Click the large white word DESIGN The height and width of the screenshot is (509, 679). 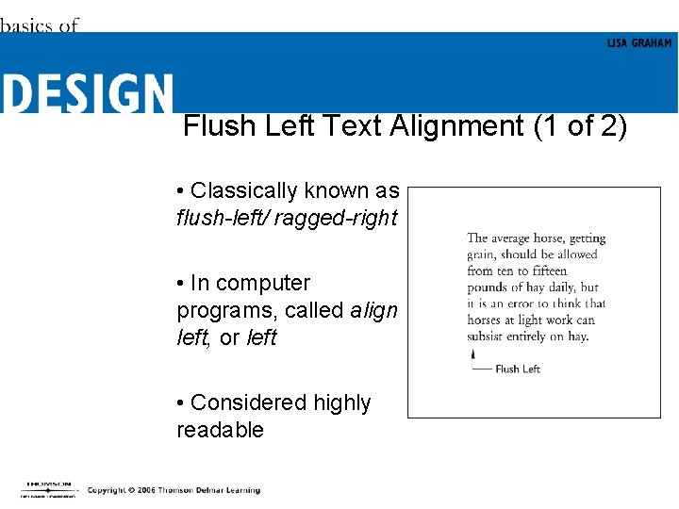click(x=87, y=94)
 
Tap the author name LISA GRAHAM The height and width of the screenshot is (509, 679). click(x=638, y=43)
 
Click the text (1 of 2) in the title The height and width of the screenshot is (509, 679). click(x=579, y=126)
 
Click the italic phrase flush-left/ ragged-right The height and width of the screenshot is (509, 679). click(x=287, y=218)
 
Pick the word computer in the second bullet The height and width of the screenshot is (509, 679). click(x=263, y=283)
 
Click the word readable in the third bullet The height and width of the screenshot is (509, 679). click(x=220, y=430)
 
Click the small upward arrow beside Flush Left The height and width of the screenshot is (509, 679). click(x=473, y=355)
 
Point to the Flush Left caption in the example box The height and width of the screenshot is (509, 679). click(x=517, y=369)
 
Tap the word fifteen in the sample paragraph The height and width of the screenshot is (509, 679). click(x=542, y=271)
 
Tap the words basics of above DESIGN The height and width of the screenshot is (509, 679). click(x=40, y=25)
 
